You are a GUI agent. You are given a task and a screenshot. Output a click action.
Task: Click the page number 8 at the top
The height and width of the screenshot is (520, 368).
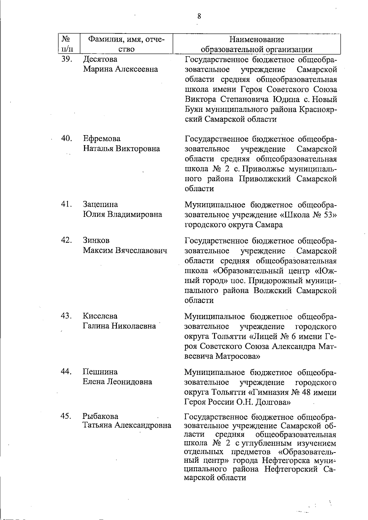[199, 16]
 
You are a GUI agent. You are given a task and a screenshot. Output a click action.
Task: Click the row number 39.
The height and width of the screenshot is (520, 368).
[67, 59]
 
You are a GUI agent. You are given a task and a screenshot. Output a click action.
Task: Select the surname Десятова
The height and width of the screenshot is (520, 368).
[100, 59]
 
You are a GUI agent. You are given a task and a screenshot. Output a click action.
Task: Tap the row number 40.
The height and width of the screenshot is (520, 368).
[67, 138]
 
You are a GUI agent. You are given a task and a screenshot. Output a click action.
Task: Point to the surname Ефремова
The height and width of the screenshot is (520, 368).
[102, 139]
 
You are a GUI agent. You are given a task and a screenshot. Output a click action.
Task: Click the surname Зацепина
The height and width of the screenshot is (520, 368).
[100, 204]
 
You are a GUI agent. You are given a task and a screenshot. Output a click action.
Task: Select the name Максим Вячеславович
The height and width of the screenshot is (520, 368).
[125, 250]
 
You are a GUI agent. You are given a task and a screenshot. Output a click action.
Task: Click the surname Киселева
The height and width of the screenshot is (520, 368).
[100, 316]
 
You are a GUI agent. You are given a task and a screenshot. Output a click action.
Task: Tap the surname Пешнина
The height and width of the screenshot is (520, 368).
[100, 372]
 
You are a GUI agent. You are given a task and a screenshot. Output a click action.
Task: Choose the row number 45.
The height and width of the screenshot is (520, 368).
[67, 416]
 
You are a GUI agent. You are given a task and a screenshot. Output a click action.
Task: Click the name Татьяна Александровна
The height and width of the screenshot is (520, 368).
[127, 425]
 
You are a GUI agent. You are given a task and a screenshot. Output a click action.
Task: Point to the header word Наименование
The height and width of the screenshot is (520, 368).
[257, 40]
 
